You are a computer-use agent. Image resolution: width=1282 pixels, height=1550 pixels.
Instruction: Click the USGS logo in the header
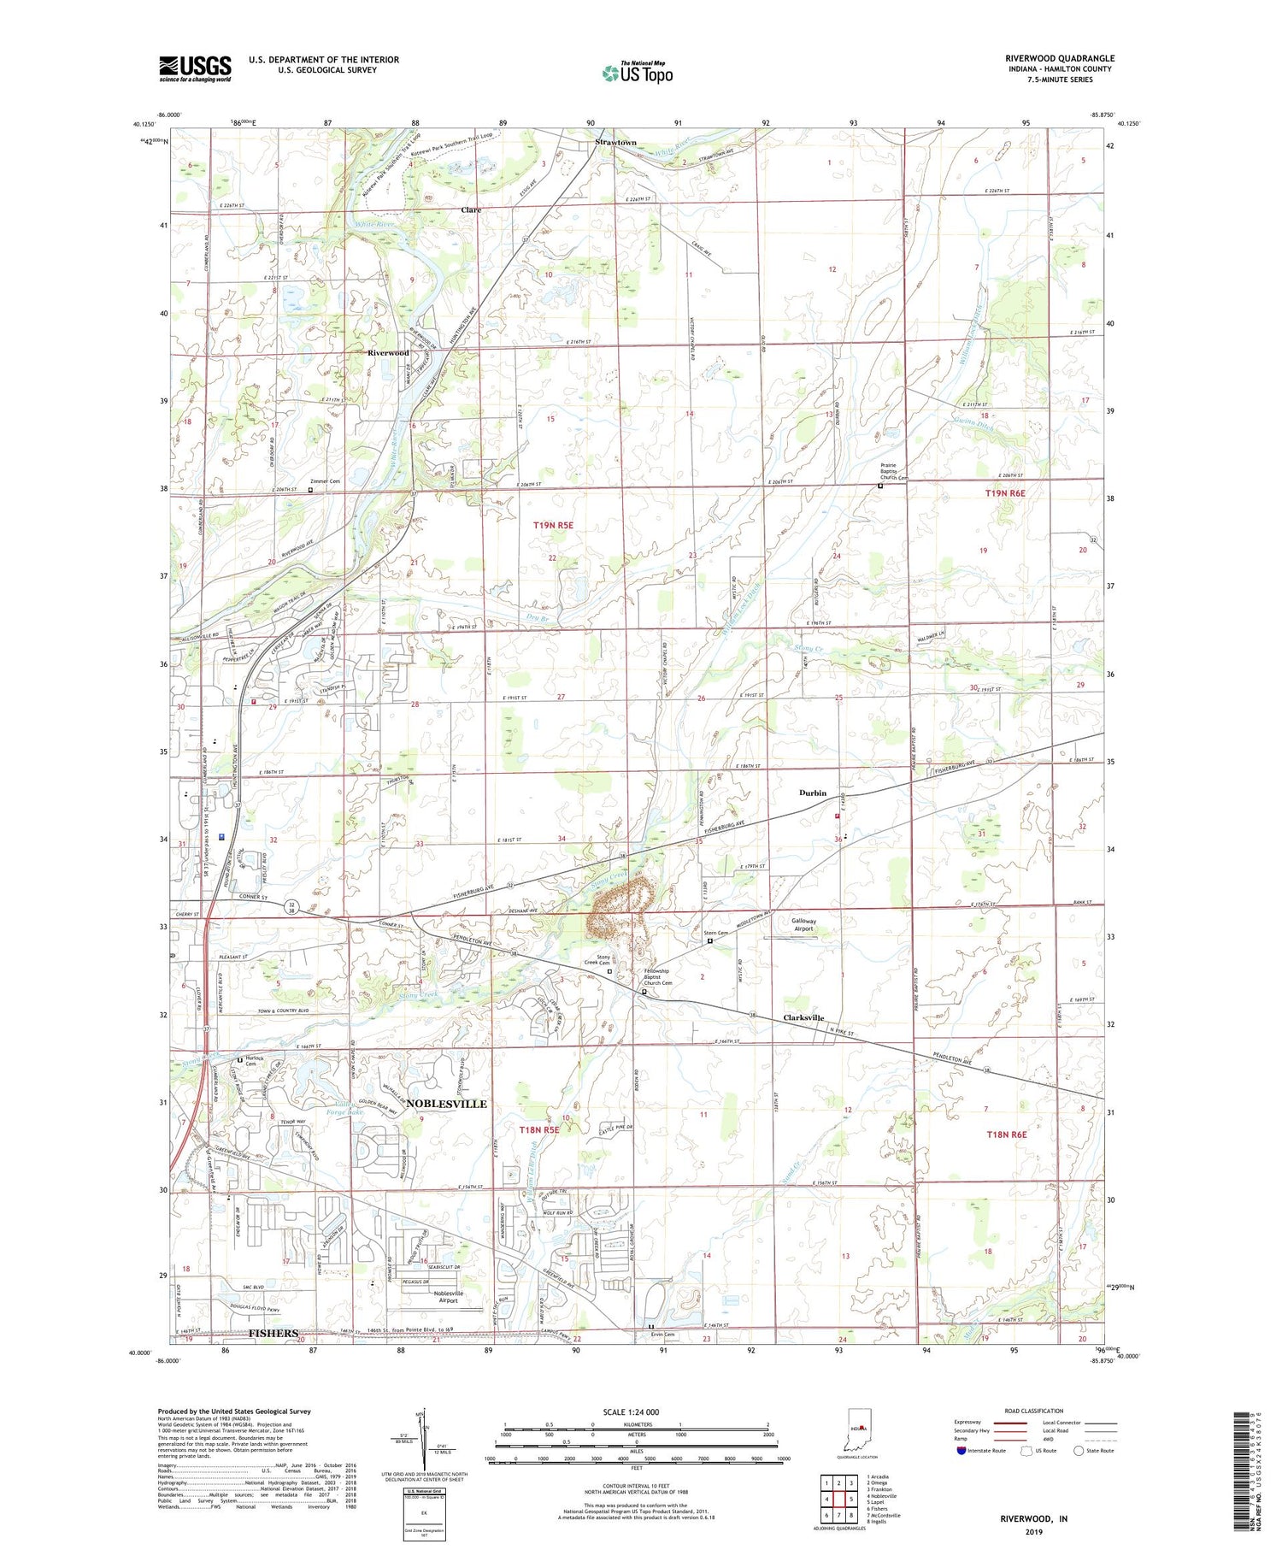[195, 68]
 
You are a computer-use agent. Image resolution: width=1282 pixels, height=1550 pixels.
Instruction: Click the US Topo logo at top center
[637, 73]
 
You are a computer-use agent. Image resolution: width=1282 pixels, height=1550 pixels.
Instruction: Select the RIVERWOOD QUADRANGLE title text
[1060, 58]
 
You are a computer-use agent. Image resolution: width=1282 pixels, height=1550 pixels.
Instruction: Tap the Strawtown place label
[615, 142]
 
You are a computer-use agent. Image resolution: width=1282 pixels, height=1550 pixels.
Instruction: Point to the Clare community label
[471, 209]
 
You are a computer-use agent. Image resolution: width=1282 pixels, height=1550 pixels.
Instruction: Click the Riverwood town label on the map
[388, 352]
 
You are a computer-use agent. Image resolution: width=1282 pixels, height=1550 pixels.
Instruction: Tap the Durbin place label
[813, 793]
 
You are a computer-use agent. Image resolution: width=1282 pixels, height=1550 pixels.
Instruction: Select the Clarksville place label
[803, 1017]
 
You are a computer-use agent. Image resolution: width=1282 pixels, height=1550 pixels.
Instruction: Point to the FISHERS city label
[273, 1333]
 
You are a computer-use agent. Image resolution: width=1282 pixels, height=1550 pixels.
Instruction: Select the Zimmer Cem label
[325, 481]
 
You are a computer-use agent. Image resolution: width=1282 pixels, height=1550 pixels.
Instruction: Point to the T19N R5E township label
[552, 526]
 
